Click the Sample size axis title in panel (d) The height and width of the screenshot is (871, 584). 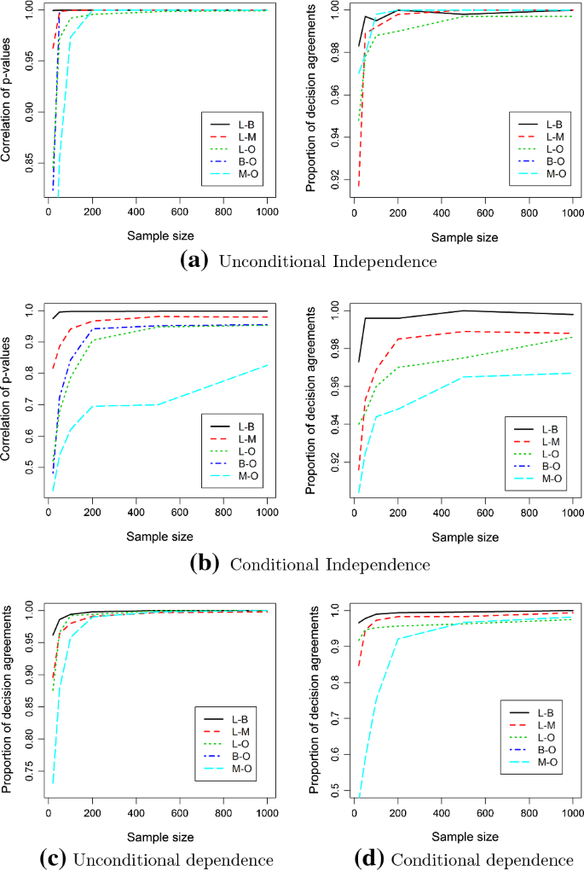[465, 833]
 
